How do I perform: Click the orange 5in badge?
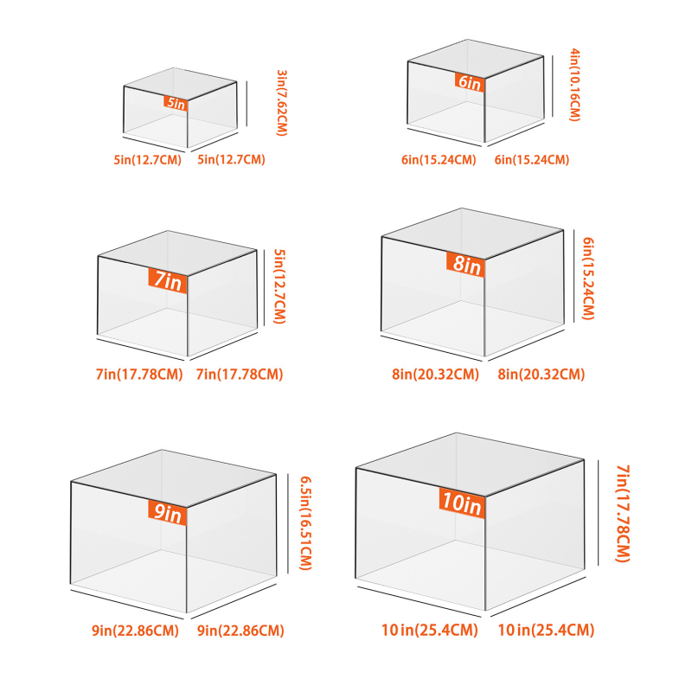click(x=176, y=103)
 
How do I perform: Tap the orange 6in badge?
click(x=470, y=82)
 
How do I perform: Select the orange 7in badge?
click(x=168, y=280)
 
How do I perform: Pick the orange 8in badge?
click(x=466, y=265)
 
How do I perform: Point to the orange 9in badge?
click(x=168, y=513)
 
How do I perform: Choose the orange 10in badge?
click(x=462, y=503)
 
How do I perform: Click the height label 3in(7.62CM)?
click(x=282, y=103)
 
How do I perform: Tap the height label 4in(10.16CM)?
click(x=574, y=85)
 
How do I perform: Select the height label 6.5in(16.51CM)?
click(x=306, y=523)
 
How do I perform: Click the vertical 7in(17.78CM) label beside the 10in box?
click(x=623, y=513)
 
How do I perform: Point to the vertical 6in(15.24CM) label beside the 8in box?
click(x=588, y=279)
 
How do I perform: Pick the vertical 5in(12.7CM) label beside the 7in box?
click(x=279, y=286)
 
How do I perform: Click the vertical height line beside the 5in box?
click(x=247, y=103)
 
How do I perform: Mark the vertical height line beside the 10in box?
click(x=599, y=512)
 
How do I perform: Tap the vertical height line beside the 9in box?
click(x=288, y=523)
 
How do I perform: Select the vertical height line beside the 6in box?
click(x=553, y=86)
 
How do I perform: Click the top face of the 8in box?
click(x=472, y=234)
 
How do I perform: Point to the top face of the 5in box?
click(x=180, y=84)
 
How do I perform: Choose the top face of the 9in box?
click(x=174, y=478)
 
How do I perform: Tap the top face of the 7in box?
click(x=177, y=253)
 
